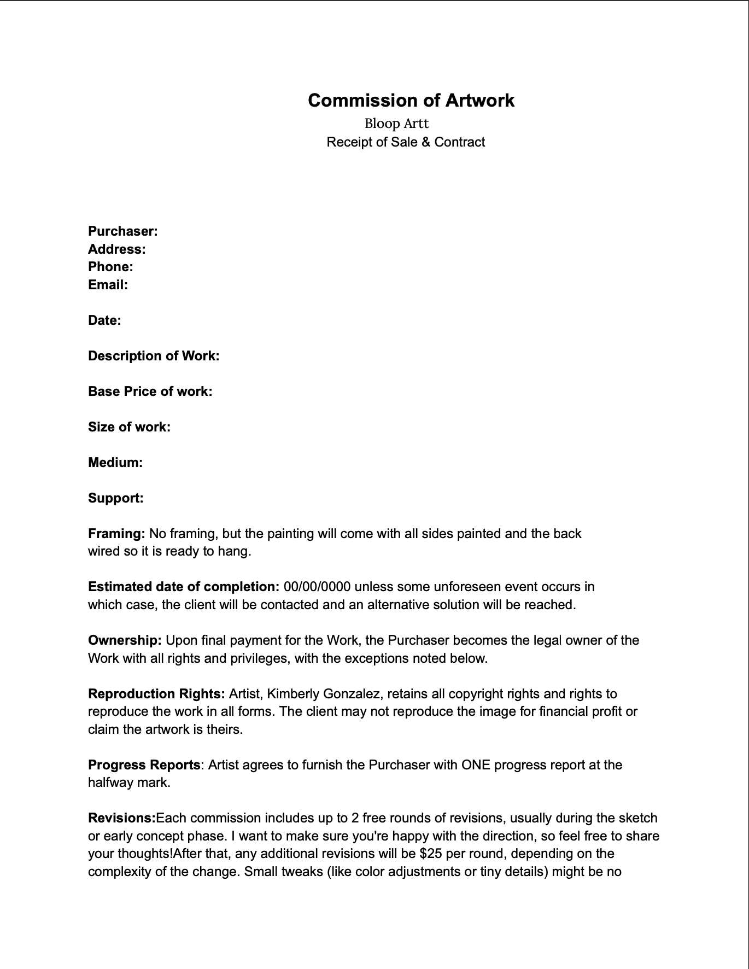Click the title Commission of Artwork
tap(411, 101)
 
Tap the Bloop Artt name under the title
tap(396, 124)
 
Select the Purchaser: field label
tap(123, 231)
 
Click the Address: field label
tap(117, 249)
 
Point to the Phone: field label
tap(110, 267)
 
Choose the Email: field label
tap(108, 285)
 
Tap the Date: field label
tap(104, 320)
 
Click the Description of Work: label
tap(154, 356)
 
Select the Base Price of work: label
tap(150, 392)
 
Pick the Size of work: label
tap(129, 427)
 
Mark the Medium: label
tap(115, 463)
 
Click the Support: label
tap(116, 498)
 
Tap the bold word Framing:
tap(116, 534)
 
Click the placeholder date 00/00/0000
tap(317, 587)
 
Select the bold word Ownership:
tap(125, 640)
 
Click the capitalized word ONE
tap(476, 765)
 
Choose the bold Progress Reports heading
tap(144, 765)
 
